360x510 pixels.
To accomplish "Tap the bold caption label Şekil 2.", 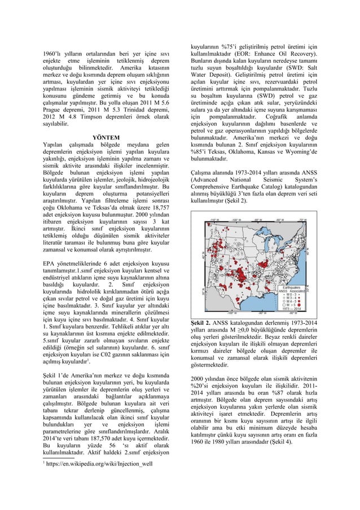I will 201,322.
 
